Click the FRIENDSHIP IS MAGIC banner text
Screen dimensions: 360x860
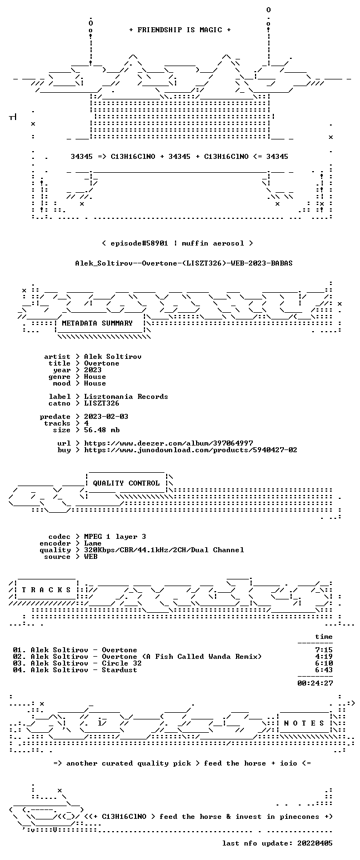tap(179, 30)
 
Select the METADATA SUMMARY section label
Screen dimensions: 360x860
tap(97, 323)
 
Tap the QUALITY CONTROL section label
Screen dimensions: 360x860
tap(126, 483)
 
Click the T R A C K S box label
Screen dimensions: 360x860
tap(46, 590)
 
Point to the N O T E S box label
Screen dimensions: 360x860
tap(304, 723)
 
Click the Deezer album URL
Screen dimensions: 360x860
tap(168, 443)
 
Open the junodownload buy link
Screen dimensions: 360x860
tap(191, 450)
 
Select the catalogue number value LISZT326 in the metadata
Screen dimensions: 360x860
tap(102, 403)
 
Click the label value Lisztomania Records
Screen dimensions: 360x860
tap(126, 397)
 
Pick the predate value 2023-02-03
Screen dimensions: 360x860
tap(106, 417)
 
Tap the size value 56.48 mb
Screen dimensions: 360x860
tap(102, 430)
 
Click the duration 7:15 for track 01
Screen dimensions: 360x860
tap(324, 650)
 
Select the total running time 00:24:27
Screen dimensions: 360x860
tap(315, 683)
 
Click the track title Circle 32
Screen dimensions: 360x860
tap(122, 663)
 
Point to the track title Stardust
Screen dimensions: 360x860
tap(119, 670)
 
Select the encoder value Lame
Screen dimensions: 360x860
tap(93, 544)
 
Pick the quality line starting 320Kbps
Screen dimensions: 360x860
tap(164, 550)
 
